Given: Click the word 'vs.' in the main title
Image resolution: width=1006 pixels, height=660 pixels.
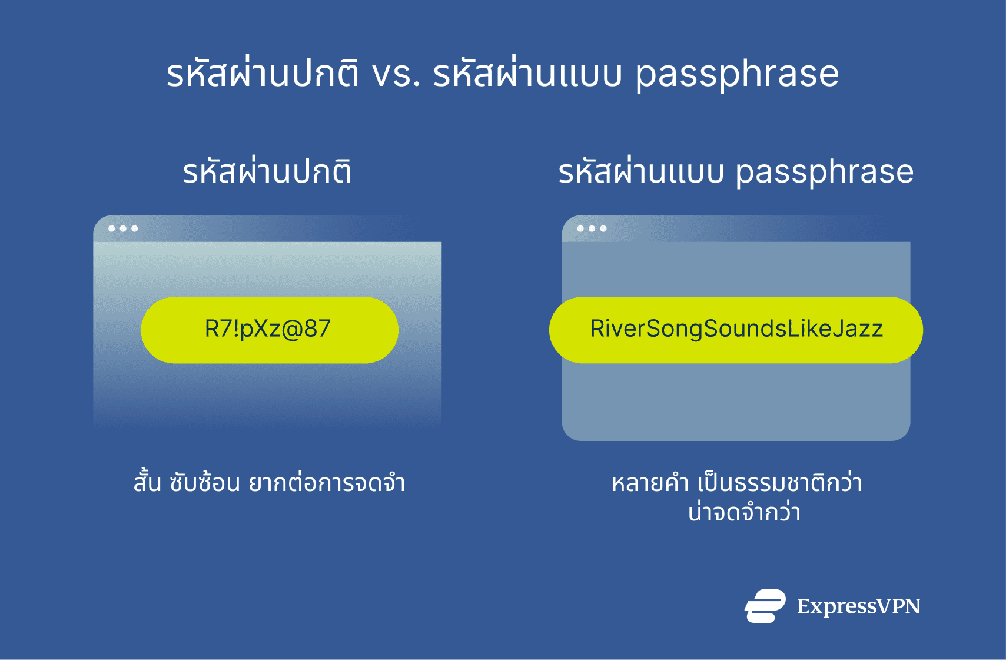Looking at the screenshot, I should click(396, 75).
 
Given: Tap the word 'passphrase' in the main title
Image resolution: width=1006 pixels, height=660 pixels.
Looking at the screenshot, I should click(737, 75).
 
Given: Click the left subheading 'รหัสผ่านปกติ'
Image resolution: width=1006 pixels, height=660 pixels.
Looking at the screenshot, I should click(267, 171).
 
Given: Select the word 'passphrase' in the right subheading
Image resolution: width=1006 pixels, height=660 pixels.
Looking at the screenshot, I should click(824, 173).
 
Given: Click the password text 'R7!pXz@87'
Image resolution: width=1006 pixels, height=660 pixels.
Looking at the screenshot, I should click(268, 329).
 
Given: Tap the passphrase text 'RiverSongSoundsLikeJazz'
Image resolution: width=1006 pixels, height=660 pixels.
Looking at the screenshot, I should click(736, 329).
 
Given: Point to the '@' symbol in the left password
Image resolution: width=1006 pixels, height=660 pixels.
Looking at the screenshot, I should click(292, 329).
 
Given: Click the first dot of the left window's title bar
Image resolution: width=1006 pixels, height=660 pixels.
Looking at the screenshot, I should click(112, 228).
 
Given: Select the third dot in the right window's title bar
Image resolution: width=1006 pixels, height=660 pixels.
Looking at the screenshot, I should click(603, 228).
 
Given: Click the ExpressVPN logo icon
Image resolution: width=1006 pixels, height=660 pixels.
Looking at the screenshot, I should click(765, 606).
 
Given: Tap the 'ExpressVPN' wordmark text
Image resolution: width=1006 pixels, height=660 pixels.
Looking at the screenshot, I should click(858, 606).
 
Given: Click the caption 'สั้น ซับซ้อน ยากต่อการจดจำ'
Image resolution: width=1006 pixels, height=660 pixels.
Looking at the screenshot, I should click(269, 483).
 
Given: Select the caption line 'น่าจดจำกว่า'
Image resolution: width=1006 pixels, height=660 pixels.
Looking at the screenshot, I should click(744, 512).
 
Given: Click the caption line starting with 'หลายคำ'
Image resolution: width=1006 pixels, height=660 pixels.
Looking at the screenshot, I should click(736, 483).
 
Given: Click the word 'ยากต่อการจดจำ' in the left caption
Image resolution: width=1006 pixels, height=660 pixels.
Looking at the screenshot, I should click(327, 483).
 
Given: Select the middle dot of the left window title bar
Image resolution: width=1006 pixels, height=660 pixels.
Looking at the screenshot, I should click(123, 228).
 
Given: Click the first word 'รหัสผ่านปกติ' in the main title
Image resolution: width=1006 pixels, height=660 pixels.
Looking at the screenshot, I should click(262, 75).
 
